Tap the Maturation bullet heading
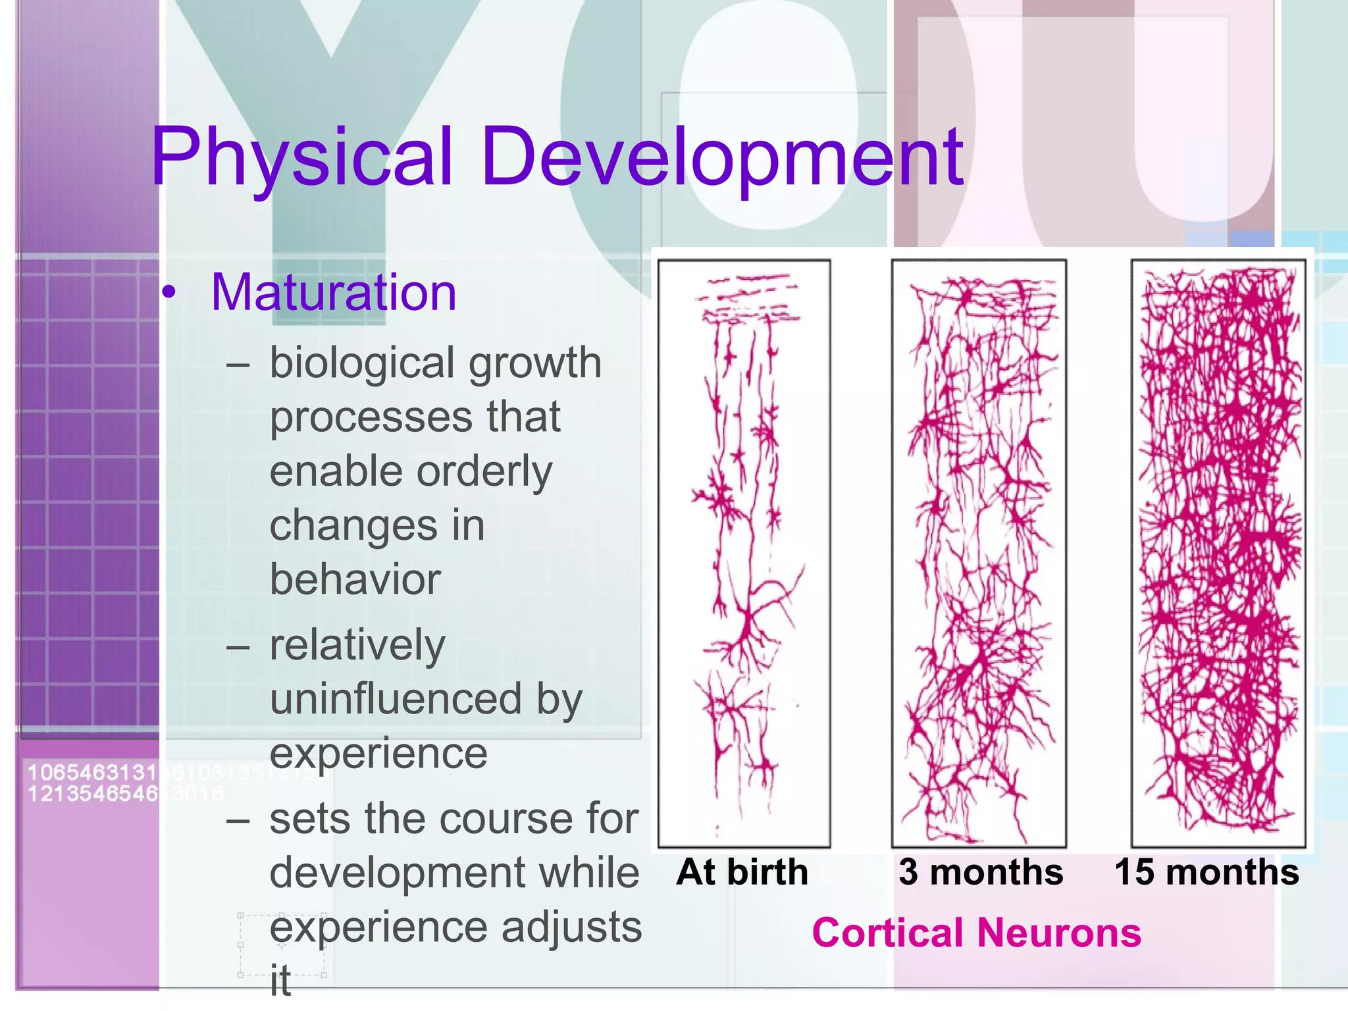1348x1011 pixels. [x=333, y=292]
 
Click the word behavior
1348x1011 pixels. [x=355, y=580]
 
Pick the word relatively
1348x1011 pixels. [x=357, y=645]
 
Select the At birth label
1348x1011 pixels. [x=742, y=872]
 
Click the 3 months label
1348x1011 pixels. [x=981, y=872]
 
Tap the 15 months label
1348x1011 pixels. [x=1206, y=872]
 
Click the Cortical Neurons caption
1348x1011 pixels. [x=976, y=933]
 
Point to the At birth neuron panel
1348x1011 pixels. [x=744, y=553]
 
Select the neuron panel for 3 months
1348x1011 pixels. [x=979, y=553]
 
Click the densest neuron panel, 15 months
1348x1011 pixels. [x=1218, y=553]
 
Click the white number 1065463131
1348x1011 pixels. [x=92, y=772]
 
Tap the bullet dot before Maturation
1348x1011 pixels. [x=169, y=294]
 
